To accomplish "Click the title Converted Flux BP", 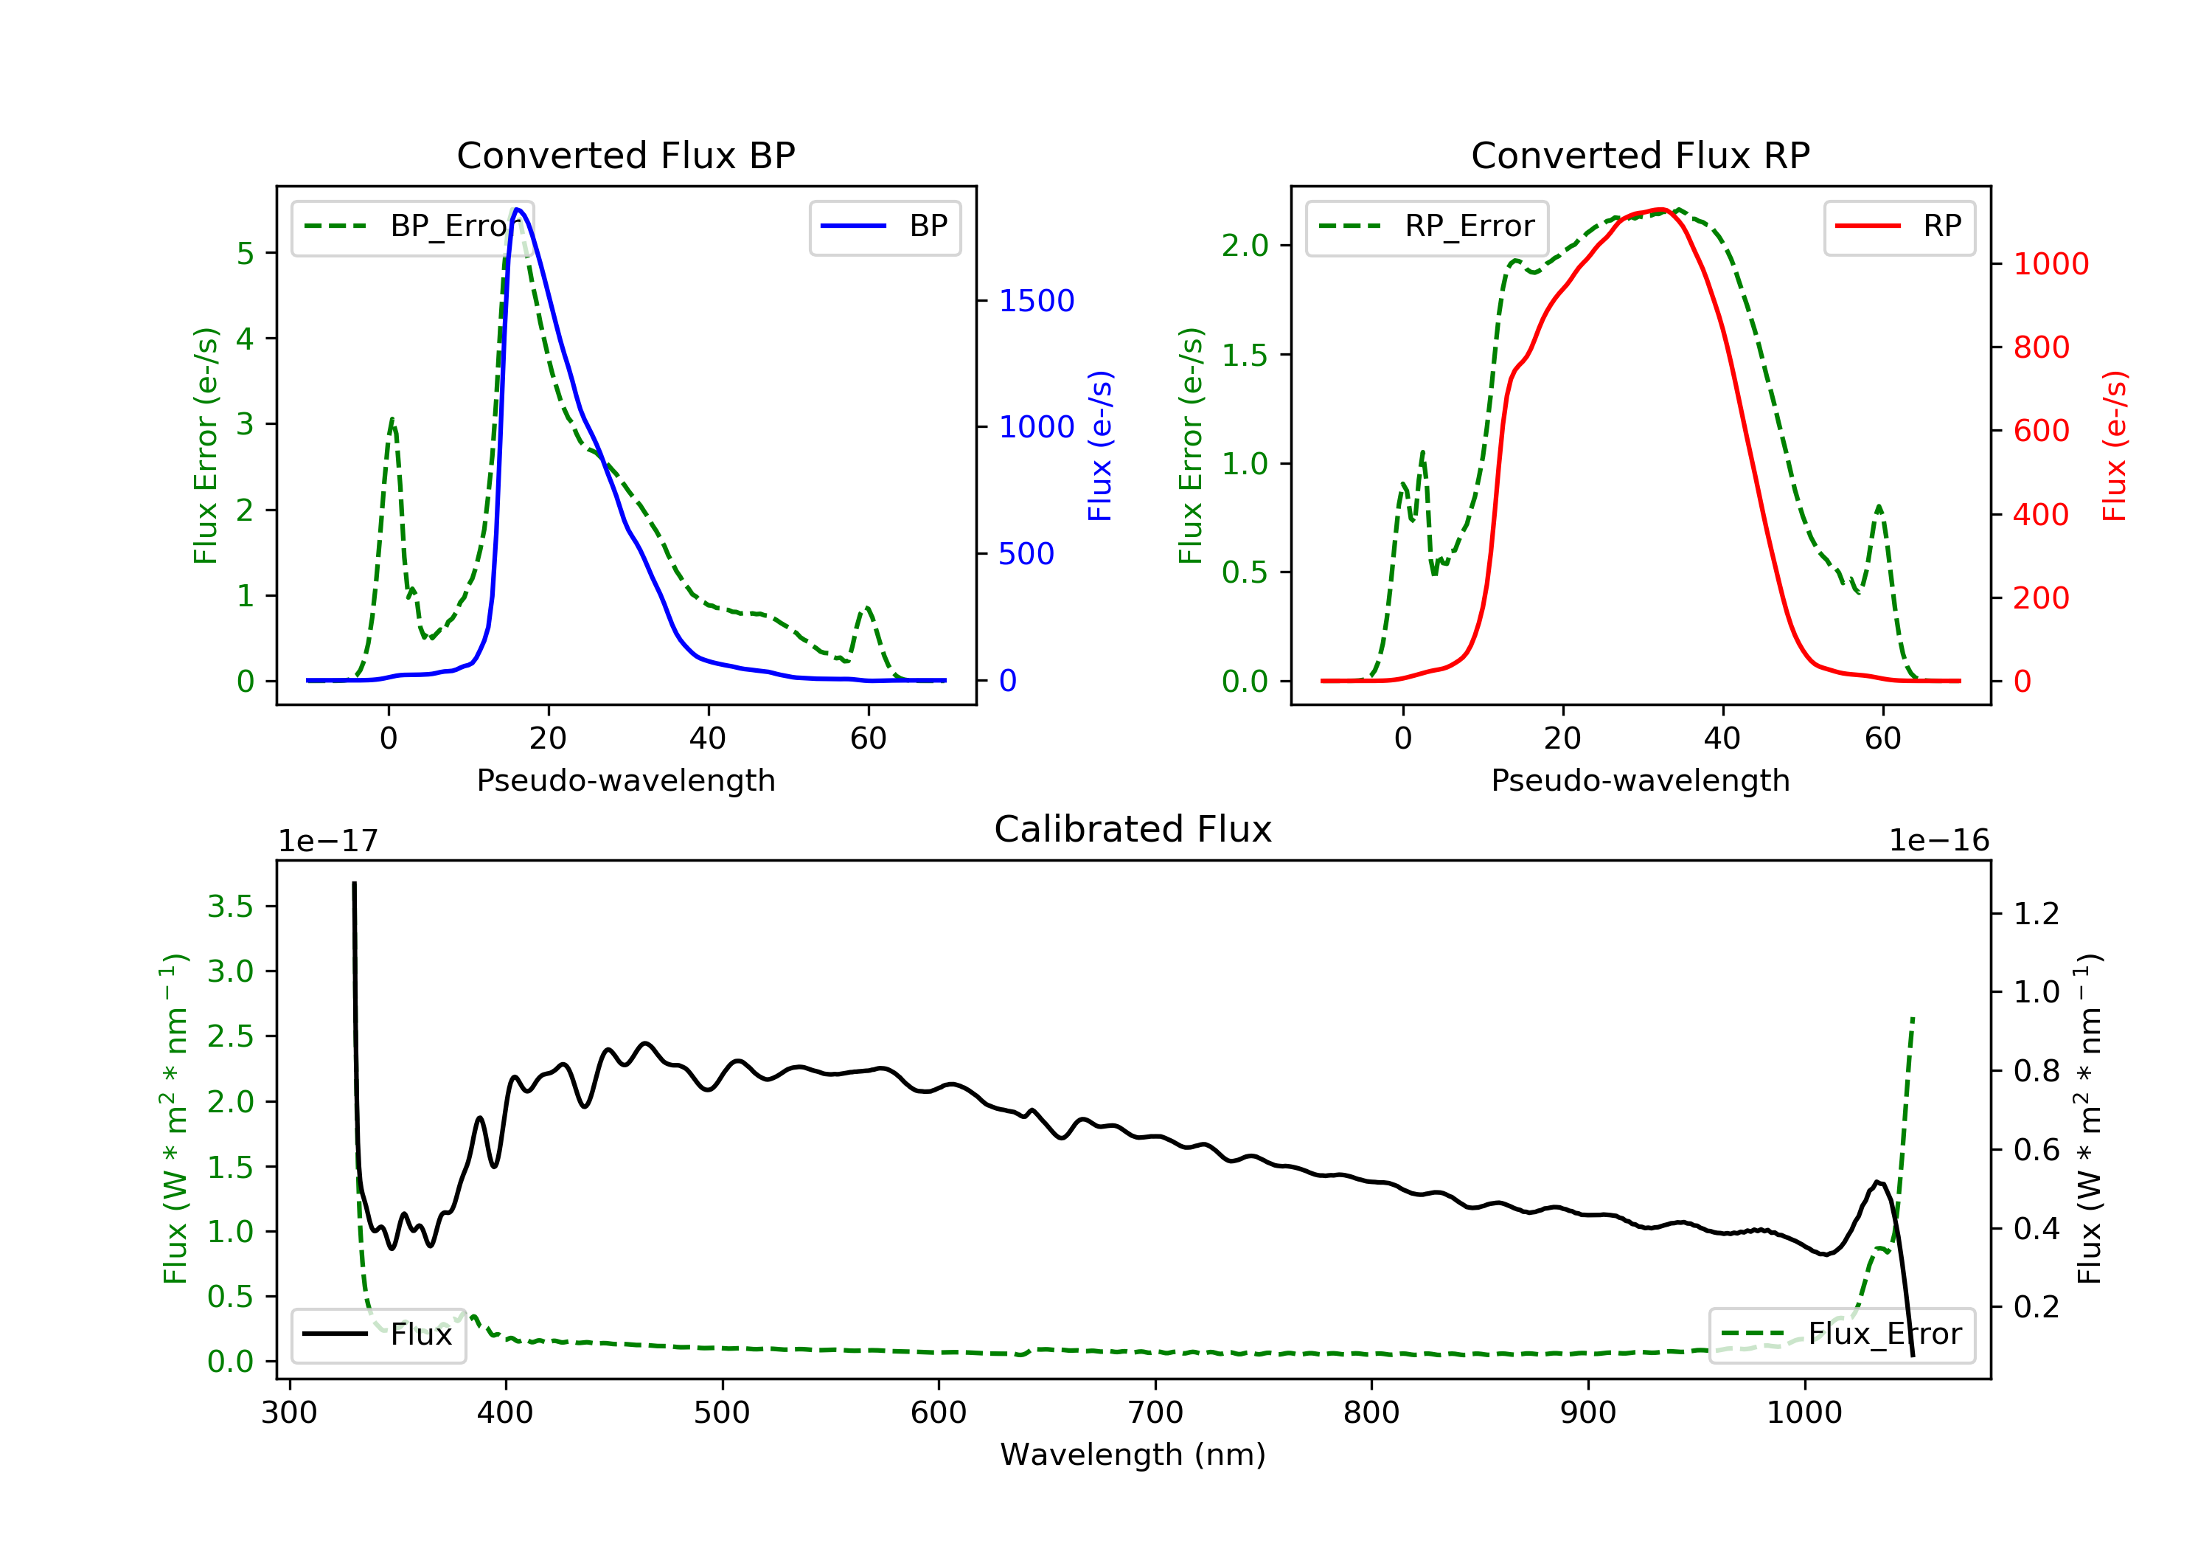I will click(625, 155).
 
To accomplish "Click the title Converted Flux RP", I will click(1640, 155).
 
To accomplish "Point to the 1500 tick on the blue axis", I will click(1036, 301).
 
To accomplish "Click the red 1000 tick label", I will click(2050, 264).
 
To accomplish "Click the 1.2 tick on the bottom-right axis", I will click(2036, 913).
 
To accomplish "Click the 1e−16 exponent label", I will click(1938, 841).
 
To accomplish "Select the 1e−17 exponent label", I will click(327, 841).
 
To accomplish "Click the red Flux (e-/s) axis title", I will click(2114, 446).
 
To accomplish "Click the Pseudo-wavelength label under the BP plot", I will click(625, 780).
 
